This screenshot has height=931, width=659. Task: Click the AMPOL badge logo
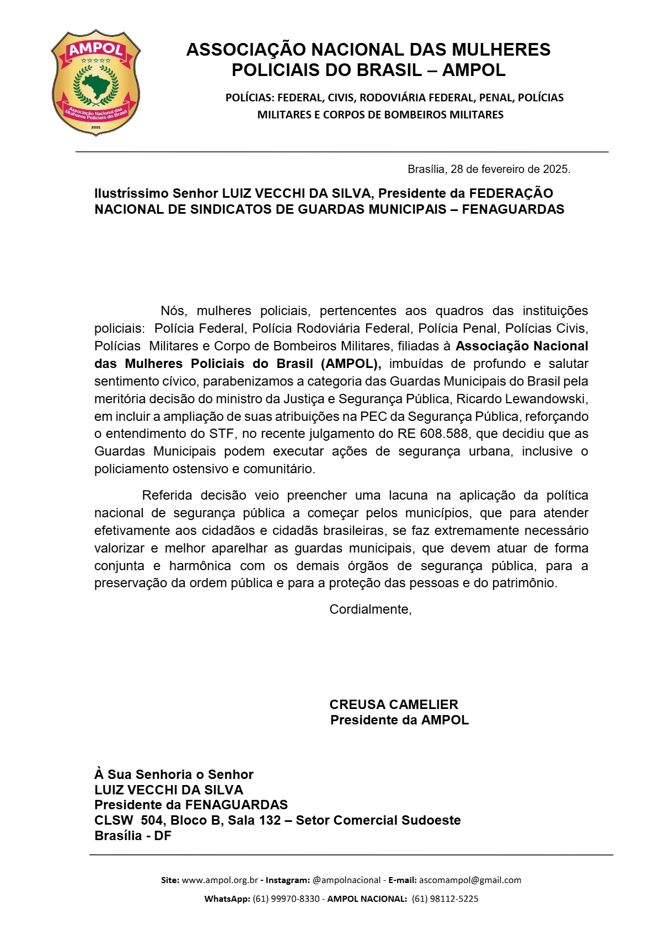[x=96, y=83]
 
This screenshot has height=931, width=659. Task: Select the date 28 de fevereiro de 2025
[x=510, y=169]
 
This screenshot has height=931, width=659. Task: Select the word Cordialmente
[x=370, y=609]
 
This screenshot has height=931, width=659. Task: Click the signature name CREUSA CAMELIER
[x=394, y=705]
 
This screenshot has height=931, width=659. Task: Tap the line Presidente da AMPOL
[x=399, y=720]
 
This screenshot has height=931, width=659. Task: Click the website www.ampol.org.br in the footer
[x=220, y=880]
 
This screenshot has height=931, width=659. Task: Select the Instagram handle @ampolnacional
[x=346, y=880]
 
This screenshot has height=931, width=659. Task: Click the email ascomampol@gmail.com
[x=470, y=880]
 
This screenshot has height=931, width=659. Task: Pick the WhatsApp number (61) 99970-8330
[x=286, y=899]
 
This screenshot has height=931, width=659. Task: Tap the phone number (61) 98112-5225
[x=445, y=899]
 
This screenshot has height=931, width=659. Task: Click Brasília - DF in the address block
[x=133, y=836]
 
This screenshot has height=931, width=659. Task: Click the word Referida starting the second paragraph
[x=167, y=495]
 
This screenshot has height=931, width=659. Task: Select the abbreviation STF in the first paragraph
[x=222, y=434]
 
